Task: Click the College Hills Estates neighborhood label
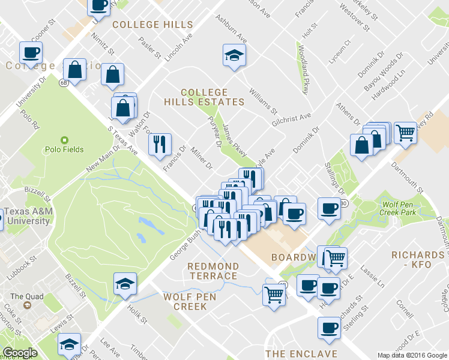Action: (x=213, y=97)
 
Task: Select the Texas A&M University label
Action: (x=28, y=216)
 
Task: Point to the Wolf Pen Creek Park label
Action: (x=399, y=208)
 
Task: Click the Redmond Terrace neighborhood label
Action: (x=212, y=271)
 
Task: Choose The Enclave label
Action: (x=301, y=354)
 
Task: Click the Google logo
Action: (x=20, y=352)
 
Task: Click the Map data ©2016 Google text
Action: (x=412, y=355)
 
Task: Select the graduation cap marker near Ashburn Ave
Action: (x=231, y=56)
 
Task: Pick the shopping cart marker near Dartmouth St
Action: (x=405, y=132)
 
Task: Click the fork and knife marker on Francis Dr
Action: (x=158, y=144)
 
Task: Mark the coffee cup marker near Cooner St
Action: (x=29, y=52)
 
